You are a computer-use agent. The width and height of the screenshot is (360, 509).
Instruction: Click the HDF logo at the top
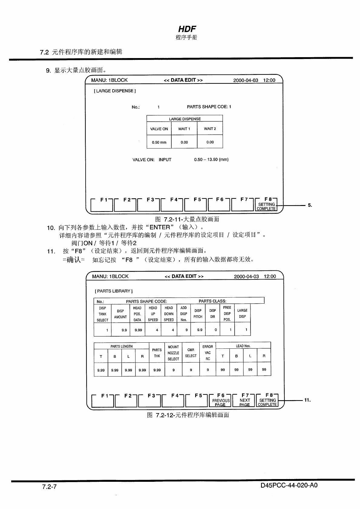point(187,29)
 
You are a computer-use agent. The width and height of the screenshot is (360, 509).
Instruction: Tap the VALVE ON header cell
point(159,129)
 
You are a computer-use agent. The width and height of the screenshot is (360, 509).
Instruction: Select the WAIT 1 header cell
point(184,129)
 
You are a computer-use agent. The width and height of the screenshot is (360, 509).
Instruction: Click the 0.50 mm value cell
point(159,142)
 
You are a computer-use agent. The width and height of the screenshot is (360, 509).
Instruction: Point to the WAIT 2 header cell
point(210,129)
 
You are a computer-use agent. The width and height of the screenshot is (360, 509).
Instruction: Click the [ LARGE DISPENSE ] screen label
point(115,91)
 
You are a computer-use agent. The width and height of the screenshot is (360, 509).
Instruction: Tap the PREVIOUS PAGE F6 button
point(221,402)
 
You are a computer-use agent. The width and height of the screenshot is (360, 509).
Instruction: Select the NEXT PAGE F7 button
point(244,402)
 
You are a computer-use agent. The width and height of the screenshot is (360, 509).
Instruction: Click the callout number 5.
point(309,205)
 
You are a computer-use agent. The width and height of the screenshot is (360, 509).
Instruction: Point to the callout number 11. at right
point(307,400)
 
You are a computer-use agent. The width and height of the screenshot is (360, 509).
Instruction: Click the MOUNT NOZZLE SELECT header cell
point(173,353)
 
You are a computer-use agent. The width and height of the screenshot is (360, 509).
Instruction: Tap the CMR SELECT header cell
point(191,353)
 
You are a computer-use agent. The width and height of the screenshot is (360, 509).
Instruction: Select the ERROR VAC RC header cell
point(208,353)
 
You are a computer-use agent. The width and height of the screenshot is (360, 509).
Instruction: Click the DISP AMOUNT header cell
point(120,314)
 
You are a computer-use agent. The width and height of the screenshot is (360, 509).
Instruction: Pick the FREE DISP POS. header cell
point(227,314)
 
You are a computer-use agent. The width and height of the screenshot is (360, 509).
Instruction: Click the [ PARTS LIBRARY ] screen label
point(114,291)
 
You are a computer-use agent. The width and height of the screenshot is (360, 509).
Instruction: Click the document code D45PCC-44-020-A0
point(289,486)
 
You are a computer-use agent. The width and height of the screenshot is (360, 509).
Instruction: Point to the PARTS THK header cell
point(157,353)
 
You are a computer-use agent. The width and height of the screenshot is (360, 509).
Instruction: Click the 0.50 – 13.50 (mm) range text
point(211,160)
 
